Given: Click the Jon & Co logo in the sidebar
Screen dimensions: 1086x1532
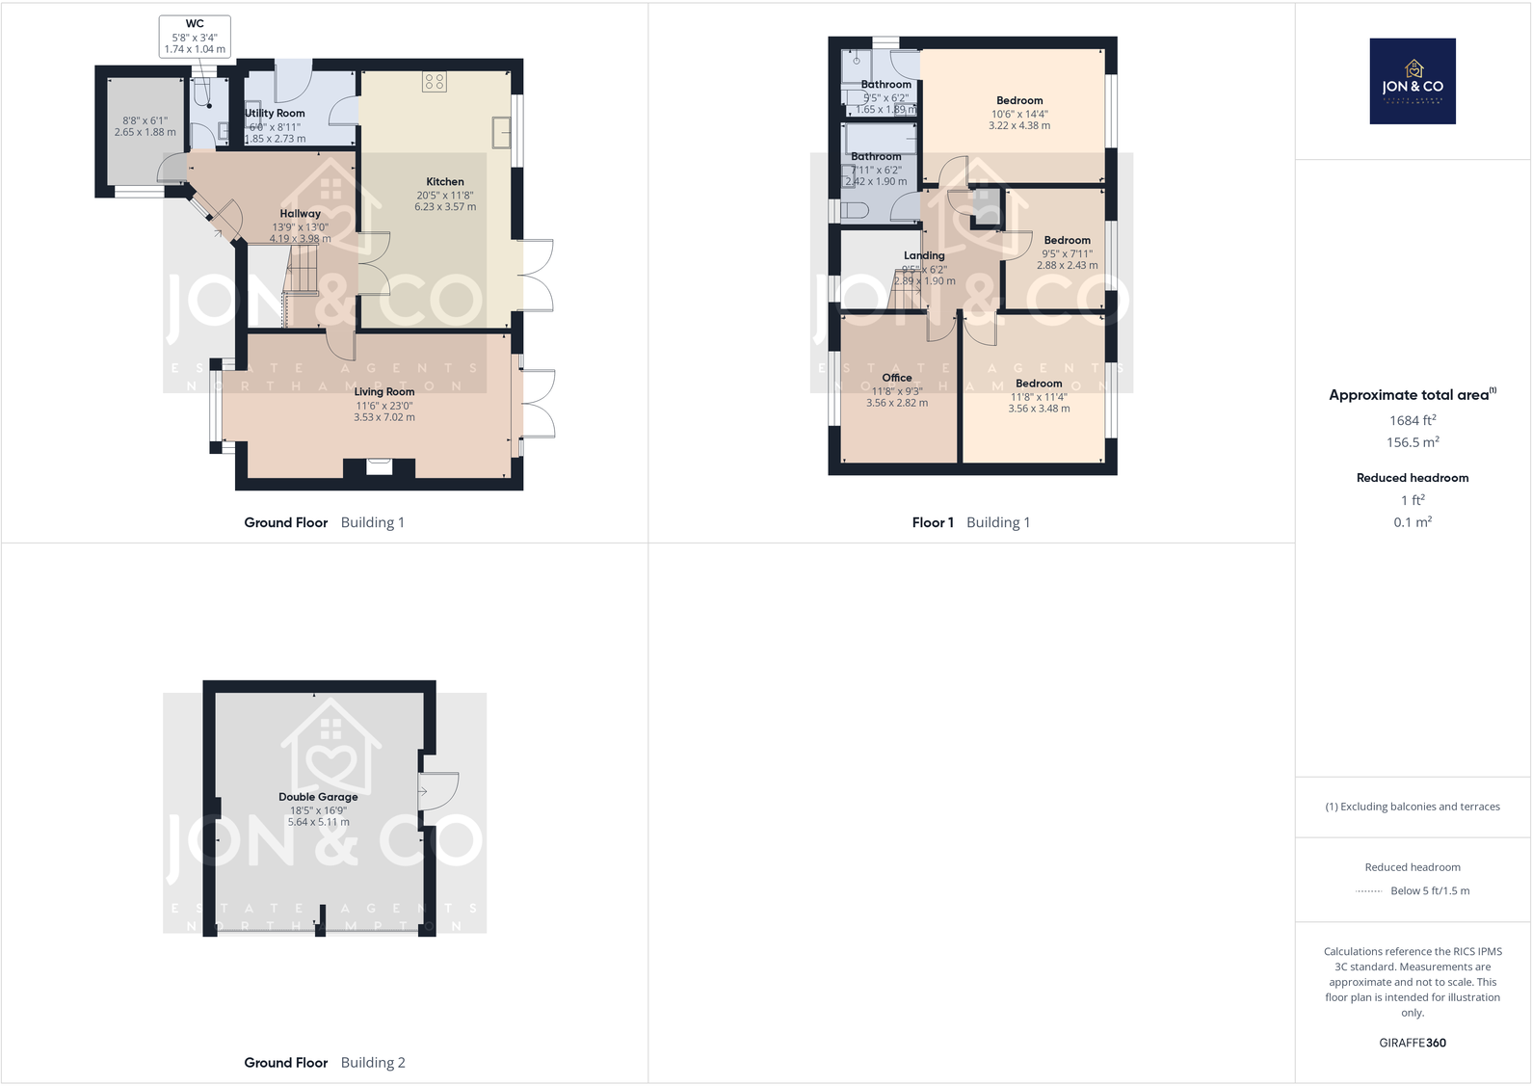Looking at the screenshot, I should click(1412, 81).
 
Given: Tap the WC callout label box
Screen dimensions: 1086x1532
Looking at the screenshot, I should click(195, 37).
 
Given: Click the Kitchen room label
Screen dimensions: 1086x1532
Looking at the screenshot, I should click(445, 181).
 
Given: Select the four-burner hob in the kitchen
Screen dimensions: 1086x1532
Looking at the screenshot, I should click(434, 82).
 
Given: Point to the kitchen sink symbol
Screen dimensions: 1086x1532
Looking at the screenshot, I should click(501, 132).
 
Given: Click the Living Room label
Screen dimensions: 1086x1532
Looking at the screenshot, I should click(383, 391).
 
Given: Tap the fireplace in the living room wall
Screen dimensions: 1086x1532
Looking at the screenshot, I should click(380, 468).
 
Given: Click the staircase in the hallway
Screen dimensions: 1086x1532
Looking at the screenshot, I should click(302, 271).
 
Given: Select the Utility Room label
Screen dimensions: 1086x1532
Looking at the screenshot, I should click(276, 113).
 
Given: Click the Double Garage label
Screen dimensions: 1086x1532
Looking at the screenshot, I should click(318, 797).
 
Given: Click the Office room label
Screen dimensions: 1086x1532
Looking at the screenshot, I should click(896, 378).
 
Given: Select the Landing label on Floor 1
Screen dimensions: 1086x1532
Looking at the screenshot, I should click(924, 255).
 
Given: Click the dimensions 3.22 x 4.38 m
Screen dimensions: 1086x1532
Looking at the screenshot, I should click(1019, 125).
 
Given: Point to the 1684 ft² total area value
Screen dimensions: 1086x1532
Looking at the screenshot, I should click(1412, 420).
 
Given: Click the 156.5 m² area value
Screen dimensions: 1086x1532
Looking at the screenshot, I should click(1412, 442).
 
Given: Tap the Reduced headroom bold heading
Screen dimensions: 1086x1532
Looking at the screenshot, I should click(1412, 478).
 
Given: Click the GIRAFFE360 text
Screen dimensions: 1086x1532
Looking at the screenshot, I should click(1412, 1043).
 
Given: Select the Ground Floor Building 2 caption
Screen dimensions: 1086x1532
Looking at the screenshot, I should click(324, 1062).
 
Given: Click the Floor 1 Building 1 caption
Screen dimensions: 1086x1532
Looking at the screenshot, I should click(970, 522).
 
